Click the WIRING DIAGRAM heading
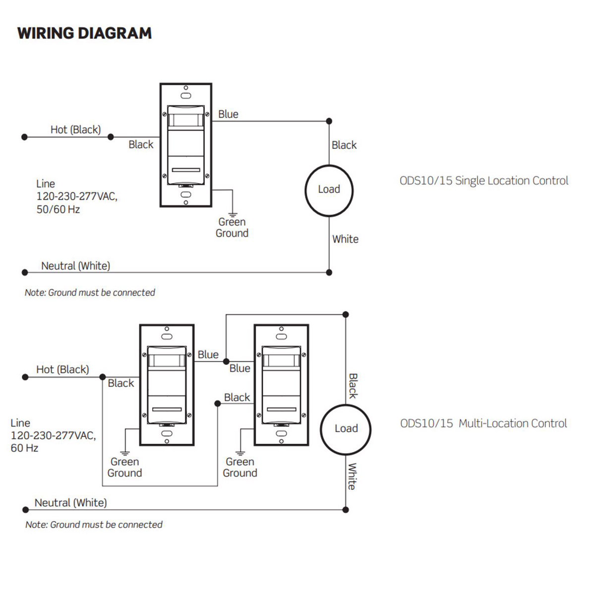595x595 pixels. pyautogui.click(x=84, y=33)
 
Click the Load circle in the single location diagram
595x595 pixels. pyautogui.click(x=329, y=190)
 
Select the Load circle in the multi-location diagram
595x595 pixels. pyautogui.click(x=346, y=429)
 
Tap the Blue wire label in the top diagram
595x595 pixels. pyautogui.click(x=228, y=115)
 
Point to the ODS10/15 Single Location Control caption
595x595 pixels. pyautogui.click(x=483, y=181)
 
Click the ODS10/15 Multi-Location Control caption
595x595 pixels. pyautogui.click(x=483, y=423)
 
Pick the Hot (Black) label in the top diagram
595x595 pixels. pyautogui.click(x=75, y=130)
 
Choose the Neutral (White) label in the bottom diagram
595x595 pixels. pyautogui.click(x=70, y=503)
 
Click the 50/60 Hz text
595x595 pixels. pyautogui.click(x=58, y=210)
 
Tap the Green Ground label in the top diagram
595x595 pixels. pyautogui.click(x=232, y=228)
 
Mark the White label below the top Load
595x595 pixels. pyautogui.click(x=345, y=239)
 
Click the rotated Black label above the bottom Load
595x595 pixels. pyautogui.click(x=353, y=386)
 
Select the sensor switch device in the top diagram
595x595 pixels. pyautogui.click(x=186, y=145)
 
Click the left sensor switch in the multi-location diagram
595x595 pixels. pyautogui.click(x=167, y=385)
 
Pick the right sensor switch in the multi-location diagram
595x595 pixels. pyautogui.click(x=281, y=385)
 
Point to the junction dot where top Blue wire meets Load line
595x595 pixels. pyautogui.click(x=329, y=121)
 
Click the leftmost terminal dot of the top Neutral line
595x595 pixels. pyautogui.click(x=25, y=272)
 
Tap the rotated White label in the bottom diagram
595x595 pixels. pyautogui.click(x=352, y=476)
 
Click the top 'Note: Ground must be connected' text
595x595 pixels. pyautogui.click(x=90, y=293)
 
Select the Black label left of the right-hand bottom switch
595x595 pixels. pyautogui.click(x=237, y=398)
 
